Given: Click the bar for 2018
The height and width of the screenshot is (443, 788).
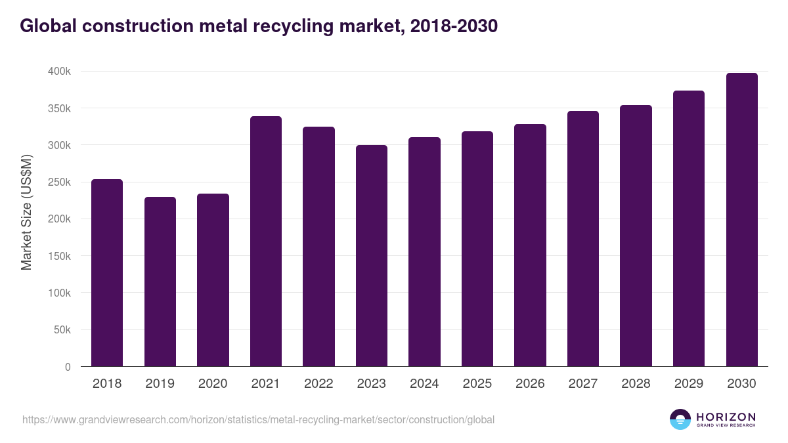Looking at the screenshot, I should (107, 272).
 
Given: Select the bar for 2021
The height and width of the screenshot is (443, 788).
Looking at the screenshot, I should (266, 241).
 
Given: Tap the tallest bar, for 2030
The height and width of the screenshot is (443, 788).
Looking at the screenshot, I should (741, 219).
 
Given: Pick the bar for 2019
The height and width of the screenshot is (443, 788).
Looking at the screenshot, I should (160, 282).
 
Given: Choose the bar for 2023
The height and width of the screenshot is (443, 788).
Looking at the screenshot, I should (372, 255).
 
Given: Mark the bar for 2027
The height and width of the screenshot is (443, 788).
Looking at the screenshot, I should (583, 238).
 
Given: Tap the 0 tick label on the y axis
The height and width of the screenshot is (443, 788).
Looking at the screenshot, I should (67, 367).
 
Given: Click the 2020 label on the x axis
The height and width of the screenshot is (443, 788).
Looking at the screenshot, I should (213, 384).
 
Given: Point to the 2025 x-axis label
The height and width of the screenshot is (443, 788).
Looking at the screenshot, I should (477, 384).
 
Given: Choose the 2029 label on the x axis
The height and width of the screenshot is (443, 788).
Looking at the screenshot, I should (689, 384).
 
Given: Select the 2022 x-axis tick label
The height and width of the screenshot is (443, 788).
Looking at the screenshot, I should (318, 384).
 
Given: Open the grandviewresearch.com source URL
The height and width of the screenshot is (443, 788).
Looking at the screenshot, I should (258, 419).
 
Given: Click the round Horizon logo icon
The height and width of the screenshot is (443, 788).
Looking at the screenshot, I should (680, 419).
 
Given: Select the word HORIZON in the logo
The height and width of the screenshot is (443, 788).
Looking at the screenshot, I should (726, 417).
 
